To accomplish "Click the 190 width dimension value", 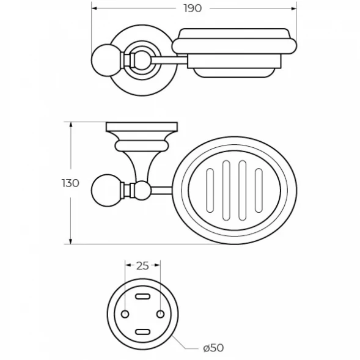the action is coord(193,9).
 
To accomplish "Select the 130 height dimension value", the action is coord(70,183).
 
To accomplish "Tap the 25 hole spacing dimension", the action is coord(142,266).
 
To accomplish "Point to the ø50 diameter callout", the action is coord(213,348).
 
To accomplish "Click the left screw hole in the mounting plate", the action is coord(125,314).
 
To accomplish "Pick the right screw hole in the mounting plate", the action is coord(160,314).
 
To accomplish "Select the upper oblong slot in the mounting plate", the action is coord(142,296).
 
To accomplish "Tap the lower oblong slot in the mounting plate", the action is coord(142,332).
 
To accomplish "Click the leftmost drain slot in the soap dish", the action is coord(210,190).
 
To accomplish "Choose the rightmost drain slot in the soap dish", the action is coord(259,190).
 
